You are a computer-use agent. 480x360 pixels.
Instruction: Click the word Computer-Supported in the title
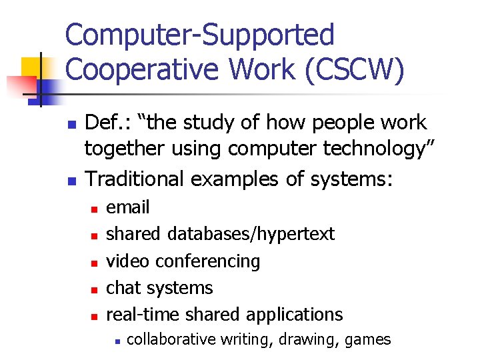click(200, 35)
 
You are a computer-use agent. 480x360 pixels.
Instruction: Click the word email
click(128, 207)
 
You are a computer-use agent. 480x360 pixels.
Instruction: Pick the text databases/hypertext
click(251, 234)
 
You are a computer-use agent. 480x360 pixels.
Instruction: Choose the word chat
click(123, 288)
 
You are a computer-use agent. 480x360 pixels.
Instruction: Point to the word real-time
click(144, 315)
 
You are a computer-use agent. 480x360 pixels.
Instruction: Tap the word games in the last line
click(368, 339)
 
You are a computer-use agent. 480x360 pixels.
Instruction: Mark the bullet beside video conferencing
click(95, 262)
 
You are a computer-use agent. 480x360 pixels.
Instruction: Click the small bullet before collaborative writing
click(116, 341)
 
